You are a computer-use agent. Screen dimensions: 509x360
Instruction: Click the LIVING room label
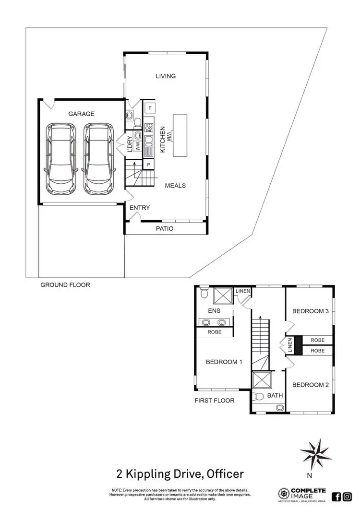click(x=166, y=76)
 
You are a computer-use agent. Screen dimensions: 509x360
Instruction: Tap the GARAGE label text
click(x=81, y=114)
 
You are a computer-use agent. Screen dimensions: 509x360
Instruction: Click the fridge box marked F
click(x=150, y=108)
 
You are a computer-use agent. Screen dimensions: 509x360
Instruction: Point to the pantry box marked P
click(x=149, y=165)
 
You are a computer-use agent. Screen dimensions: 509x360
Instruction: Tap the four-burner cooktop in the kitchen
click(x=149, y=128)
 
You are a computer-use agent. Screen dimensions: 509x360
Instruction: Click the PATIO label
click(x=165, y=228)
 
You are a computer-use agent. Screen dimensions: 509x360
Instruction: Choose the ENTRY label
click(x=140, y=208)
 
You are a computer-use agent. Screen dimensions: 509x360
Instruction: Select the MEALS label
click(x=175, y=186)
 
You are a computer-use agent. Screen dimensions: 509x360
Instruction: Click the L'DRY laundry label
click(x=130, y=143)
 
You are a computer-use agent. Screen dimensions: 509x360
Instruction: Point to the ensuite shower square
click(x=222, y=295)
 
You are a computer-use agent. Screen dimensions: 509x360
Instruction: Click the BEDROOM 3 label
click(x=311, y=311)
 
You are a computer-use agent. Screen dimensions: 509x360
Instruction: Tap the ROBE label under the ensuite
click(x=215, y=332)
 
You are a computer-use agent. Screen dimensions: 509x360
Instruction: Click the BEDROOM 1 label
click(x=224, y=362)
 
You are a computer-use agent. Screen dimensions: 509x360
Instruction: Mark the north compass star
click(x=315, y=453)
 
